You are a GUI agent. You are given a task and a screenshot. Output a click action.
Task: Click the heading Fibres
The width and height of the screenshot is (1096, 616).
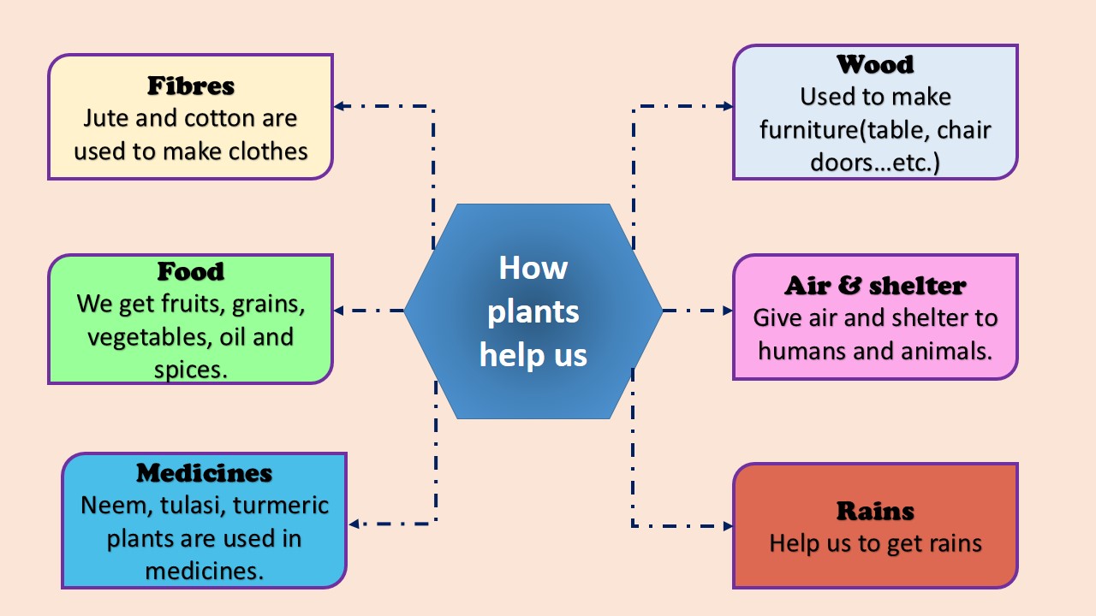coord(190,86)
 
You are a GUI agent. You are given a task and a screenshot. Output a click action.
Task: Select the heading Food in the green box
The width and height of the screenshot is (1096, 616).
coord(190,272)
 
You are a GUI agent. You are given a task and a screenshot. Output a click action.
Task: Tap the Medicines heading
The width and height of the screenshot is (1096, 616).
coord(204,473)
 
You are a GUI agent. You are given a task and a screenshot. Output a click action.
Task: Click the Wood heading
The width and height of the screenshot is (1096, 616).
coord(875,64)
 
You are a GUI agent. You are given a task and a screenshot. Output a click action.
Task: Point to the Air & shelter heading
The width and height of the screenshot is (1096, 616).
coord(875,286)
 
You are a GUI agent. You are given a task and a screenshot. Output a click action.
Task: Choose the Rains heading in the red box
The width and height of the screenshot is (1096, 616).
coord(875,512)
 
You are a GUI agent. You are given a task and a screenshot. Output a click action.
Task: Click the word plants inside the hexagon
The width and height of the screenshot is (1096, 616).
coord(533,311)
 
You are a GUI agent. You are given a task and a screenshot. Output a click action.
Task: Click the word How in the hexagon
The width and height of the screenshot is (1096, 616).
coord(533,268)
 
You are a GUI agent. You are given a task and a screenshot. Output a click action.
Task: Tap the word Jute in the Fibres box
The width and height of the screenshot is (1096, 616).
coord(107,118)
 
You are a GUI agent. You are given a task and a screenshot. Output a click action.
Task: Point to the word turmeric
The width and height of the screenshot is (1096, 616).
coord(281,506)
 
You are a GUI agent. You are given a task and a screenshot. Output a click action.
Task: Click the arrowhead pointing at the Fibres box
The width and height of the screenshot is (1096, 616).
coord(339,107)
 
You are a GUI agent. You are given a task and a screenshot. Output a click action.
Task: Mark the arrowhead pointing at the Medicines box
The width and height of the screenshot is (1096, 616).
coord(354,524)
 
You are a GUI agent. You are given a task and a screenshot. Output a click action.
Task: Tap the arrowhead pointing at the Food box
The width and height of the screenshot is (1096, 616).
coord(339,311)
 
